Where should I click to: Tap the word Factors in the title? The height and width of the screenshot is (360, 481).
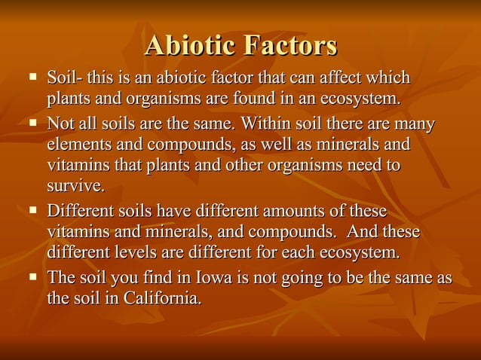click(x=289, y=46)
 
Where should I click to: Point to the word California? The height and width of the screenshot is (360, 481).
click(x=164, y=298)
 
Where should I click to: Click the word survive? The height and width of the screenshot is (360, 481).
click(x=75, y=185)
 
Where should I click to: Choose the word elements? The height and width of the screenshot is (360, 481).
click(x=78, y=143)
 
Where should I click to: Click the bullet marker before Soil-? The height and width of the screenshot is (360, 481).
click(x=32, y=78)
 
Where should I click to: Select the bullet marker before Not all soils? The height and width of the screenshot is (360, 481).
click(x=32, y=122)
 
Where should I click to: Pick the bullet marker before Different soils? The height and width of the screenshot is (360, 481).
click(x=32, y=210)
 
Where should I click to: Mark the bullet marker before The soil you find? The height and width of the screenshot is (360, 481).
click(x=32, y=278)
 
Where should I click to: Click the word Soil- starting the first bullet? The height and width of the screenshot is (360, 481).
click(x=64, y=78)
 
